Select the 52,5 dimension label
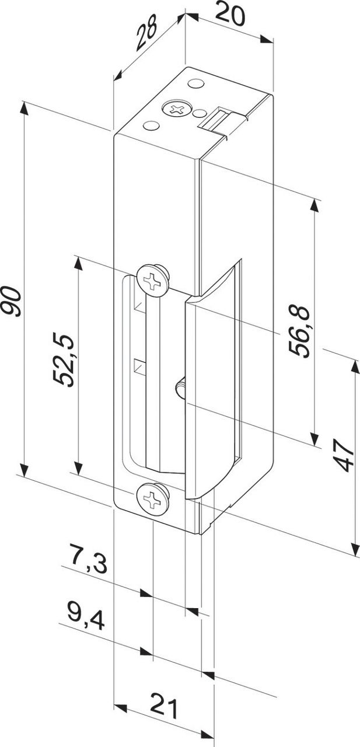(x=64, y=359)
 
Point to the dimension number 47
(x=344, y=456)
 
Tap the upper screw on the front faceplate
(x=153, y=280)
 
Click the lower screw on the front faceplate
(x=153, y=499)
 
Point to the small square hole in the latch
(x=139, y=367)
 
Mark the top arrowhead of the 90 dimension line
(x=24, y=107)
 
